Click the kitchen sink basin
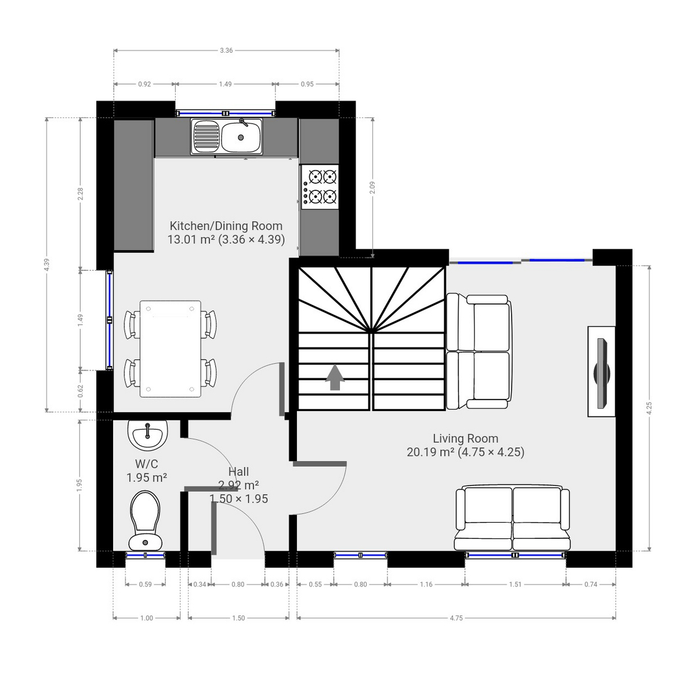241,138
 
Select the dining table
171,349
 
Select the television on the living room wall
601,371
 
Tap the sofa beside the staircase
479,351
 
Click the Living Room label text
465,438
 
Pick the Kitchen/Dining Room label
226,226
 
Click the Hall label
238,472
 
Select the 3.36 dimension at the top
226,50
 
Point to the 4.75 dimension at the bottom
456,618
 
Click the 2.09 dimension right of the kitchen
372,187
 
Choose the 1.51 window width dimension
515,585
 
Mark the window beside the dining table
109,320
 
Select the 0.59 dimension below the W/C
145,585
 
